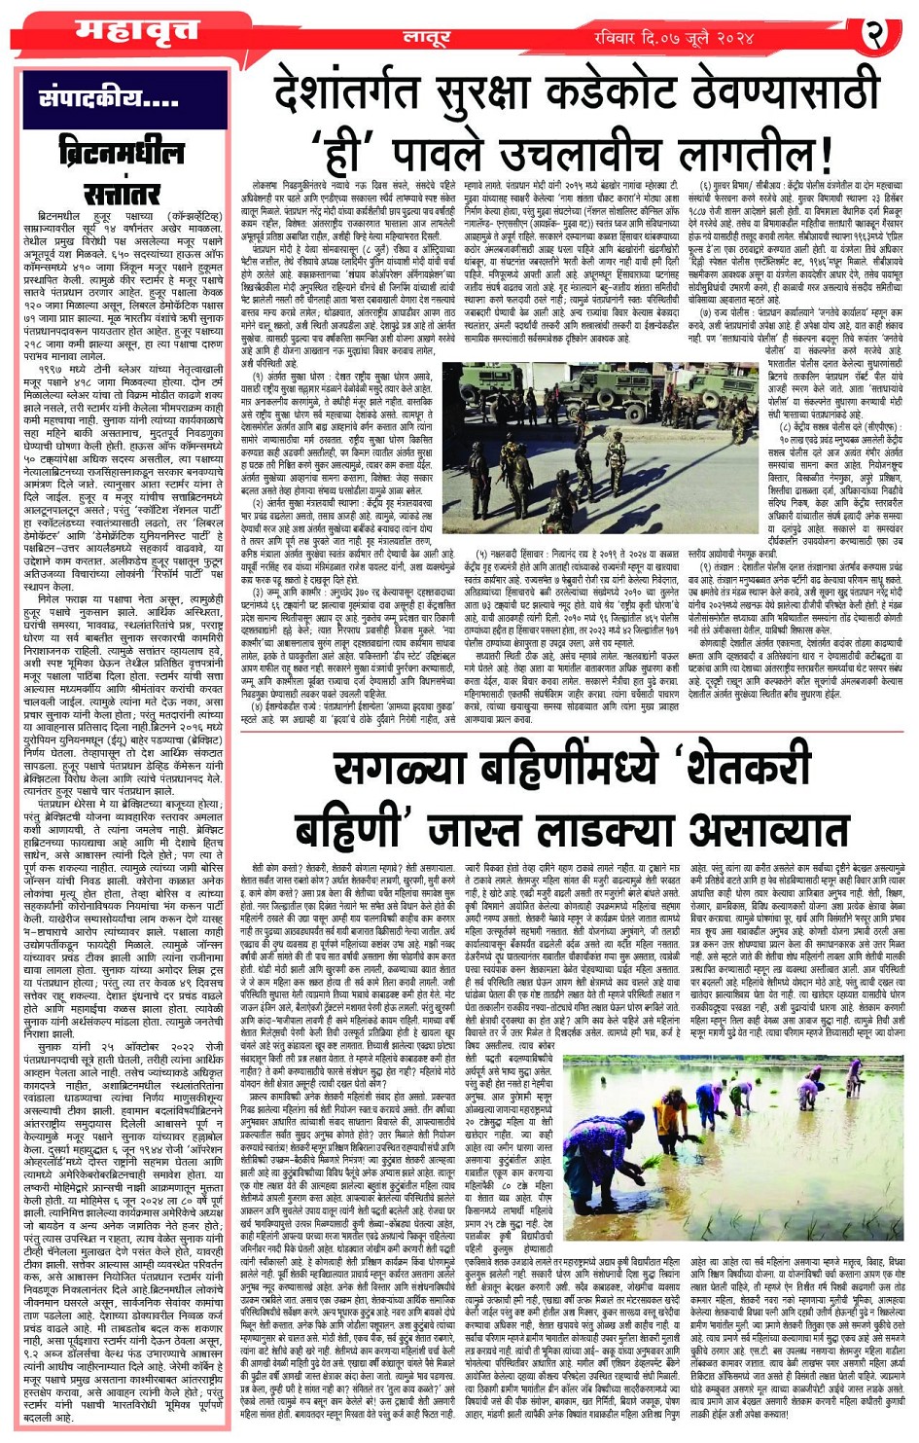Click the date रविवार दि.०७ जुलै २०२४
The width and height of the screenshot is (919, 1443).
click(x=674, y=37)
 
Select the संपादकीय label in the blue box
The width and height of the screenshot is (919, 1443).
click(x=108, y=99)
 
